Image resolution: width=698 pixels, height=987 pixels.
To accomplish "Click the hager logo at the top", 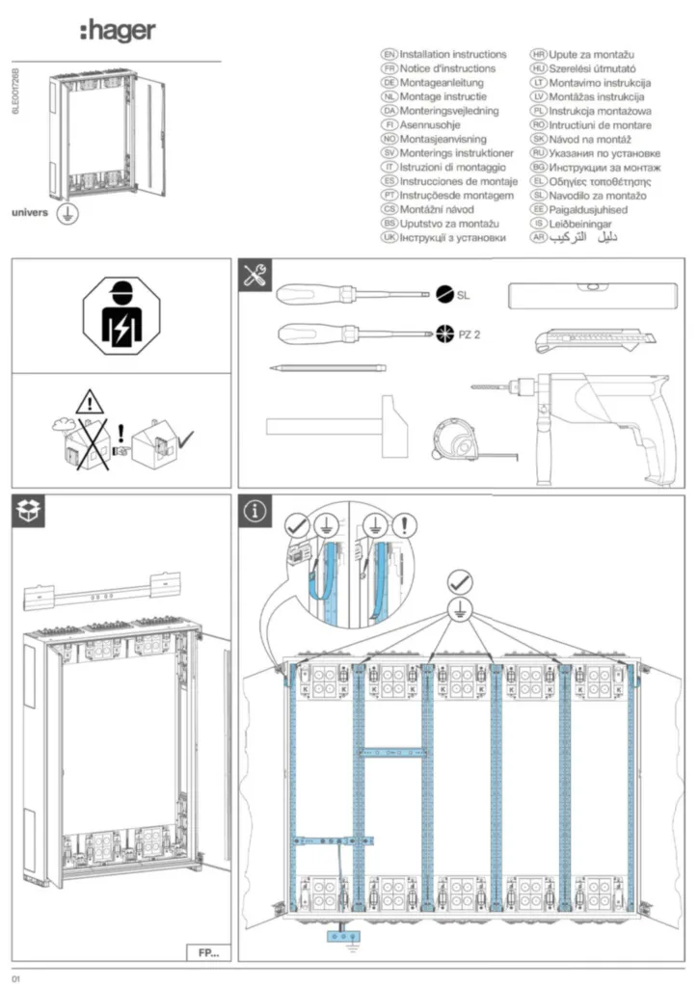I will pos(117,32).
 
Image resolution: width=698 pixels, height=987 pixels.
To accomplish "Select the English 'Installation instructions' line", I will pos(452,55).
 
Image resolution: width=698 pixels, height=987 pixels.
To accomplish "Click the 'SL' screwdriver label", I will pos(465,294).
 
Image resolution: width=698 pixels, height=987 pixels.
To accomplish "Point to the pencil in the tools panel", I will pos(327,367).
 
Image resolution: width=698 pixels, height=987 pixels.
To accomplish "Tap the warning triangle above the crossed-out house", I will pos(90,400).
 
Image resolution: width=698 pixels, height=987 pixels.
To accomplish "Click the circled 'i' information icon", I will pos(255,512).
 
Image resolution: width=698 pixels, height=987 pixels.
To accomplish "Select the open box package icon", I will pos(28,512).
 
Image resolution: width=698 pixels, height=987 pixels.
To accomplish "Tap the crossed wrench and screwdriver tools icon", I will pos(255,276).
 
